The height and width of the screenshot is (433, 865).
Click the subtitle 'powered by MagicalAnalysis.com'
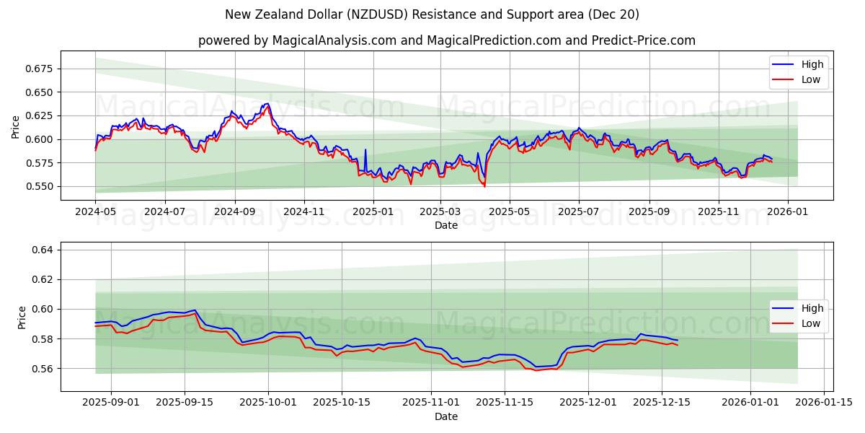[447, 40]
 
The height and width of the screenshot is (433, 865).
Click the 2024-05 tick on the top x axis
[95, 213]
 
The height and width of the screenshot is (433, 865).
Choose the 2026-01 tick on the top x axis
[787, 213]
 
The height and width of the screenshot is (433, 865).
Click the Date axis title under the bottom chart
[446, 416]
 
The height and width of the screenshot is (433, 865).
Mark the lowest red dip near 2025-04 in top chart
[484, 186]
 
